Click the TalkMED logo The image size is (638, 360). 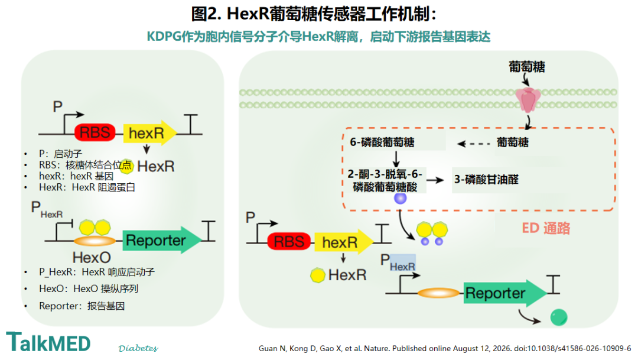coord(48,342)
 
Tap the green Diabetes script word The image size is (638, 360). coord(138,348)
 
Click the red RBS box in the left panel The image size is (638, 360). coord(95,132)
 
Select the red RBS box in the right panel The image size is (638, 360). coord(289,242)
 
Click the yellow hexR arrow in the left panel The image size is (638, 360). coord(149,132)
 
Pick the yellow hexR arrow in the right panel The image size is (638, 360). coord(344,242)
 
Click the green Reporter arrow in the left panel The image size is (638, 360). coord(162,240)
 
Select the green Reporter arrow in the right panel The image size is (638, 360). coord(505,293)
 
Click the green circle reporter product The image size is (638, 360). coord(559,317)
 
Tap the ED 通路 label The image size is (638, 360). coord(546,228)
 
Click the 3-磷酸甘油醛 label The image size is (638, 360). coord(486,179)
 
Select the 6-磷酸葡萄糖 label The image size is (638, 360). coord(382,142)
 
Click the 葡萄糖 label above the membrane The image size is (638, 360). coord(527,66)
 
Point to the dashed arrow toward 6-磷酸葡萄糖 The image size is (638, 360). coord(474,144)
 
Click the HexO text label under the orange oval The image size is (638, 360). coord(92,257)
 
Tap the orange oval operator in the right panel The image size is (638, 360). coord(438,293)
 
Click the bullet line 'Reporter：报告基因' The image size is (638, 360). coord(82,306)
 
